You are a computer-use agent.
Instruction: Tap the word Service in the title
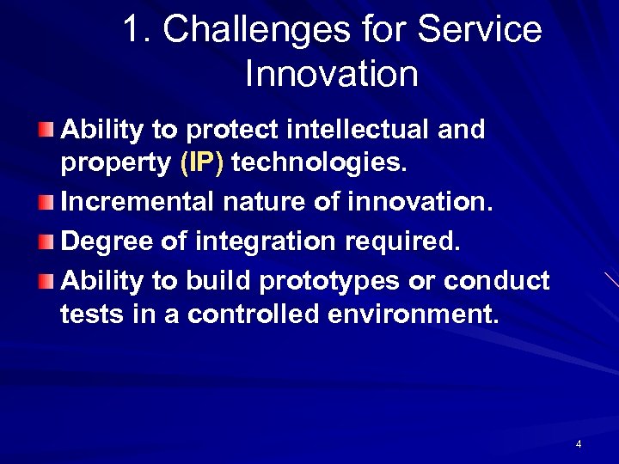(480, 30)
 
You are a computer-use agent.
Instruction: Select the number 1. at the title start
(138, 30)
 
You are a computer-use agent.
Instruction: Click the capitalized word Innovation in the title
(331, 74)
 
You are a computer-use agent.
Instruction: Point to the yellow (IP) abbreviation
(201, 164)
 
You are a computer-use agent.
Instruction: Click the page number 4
(579, 444)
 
